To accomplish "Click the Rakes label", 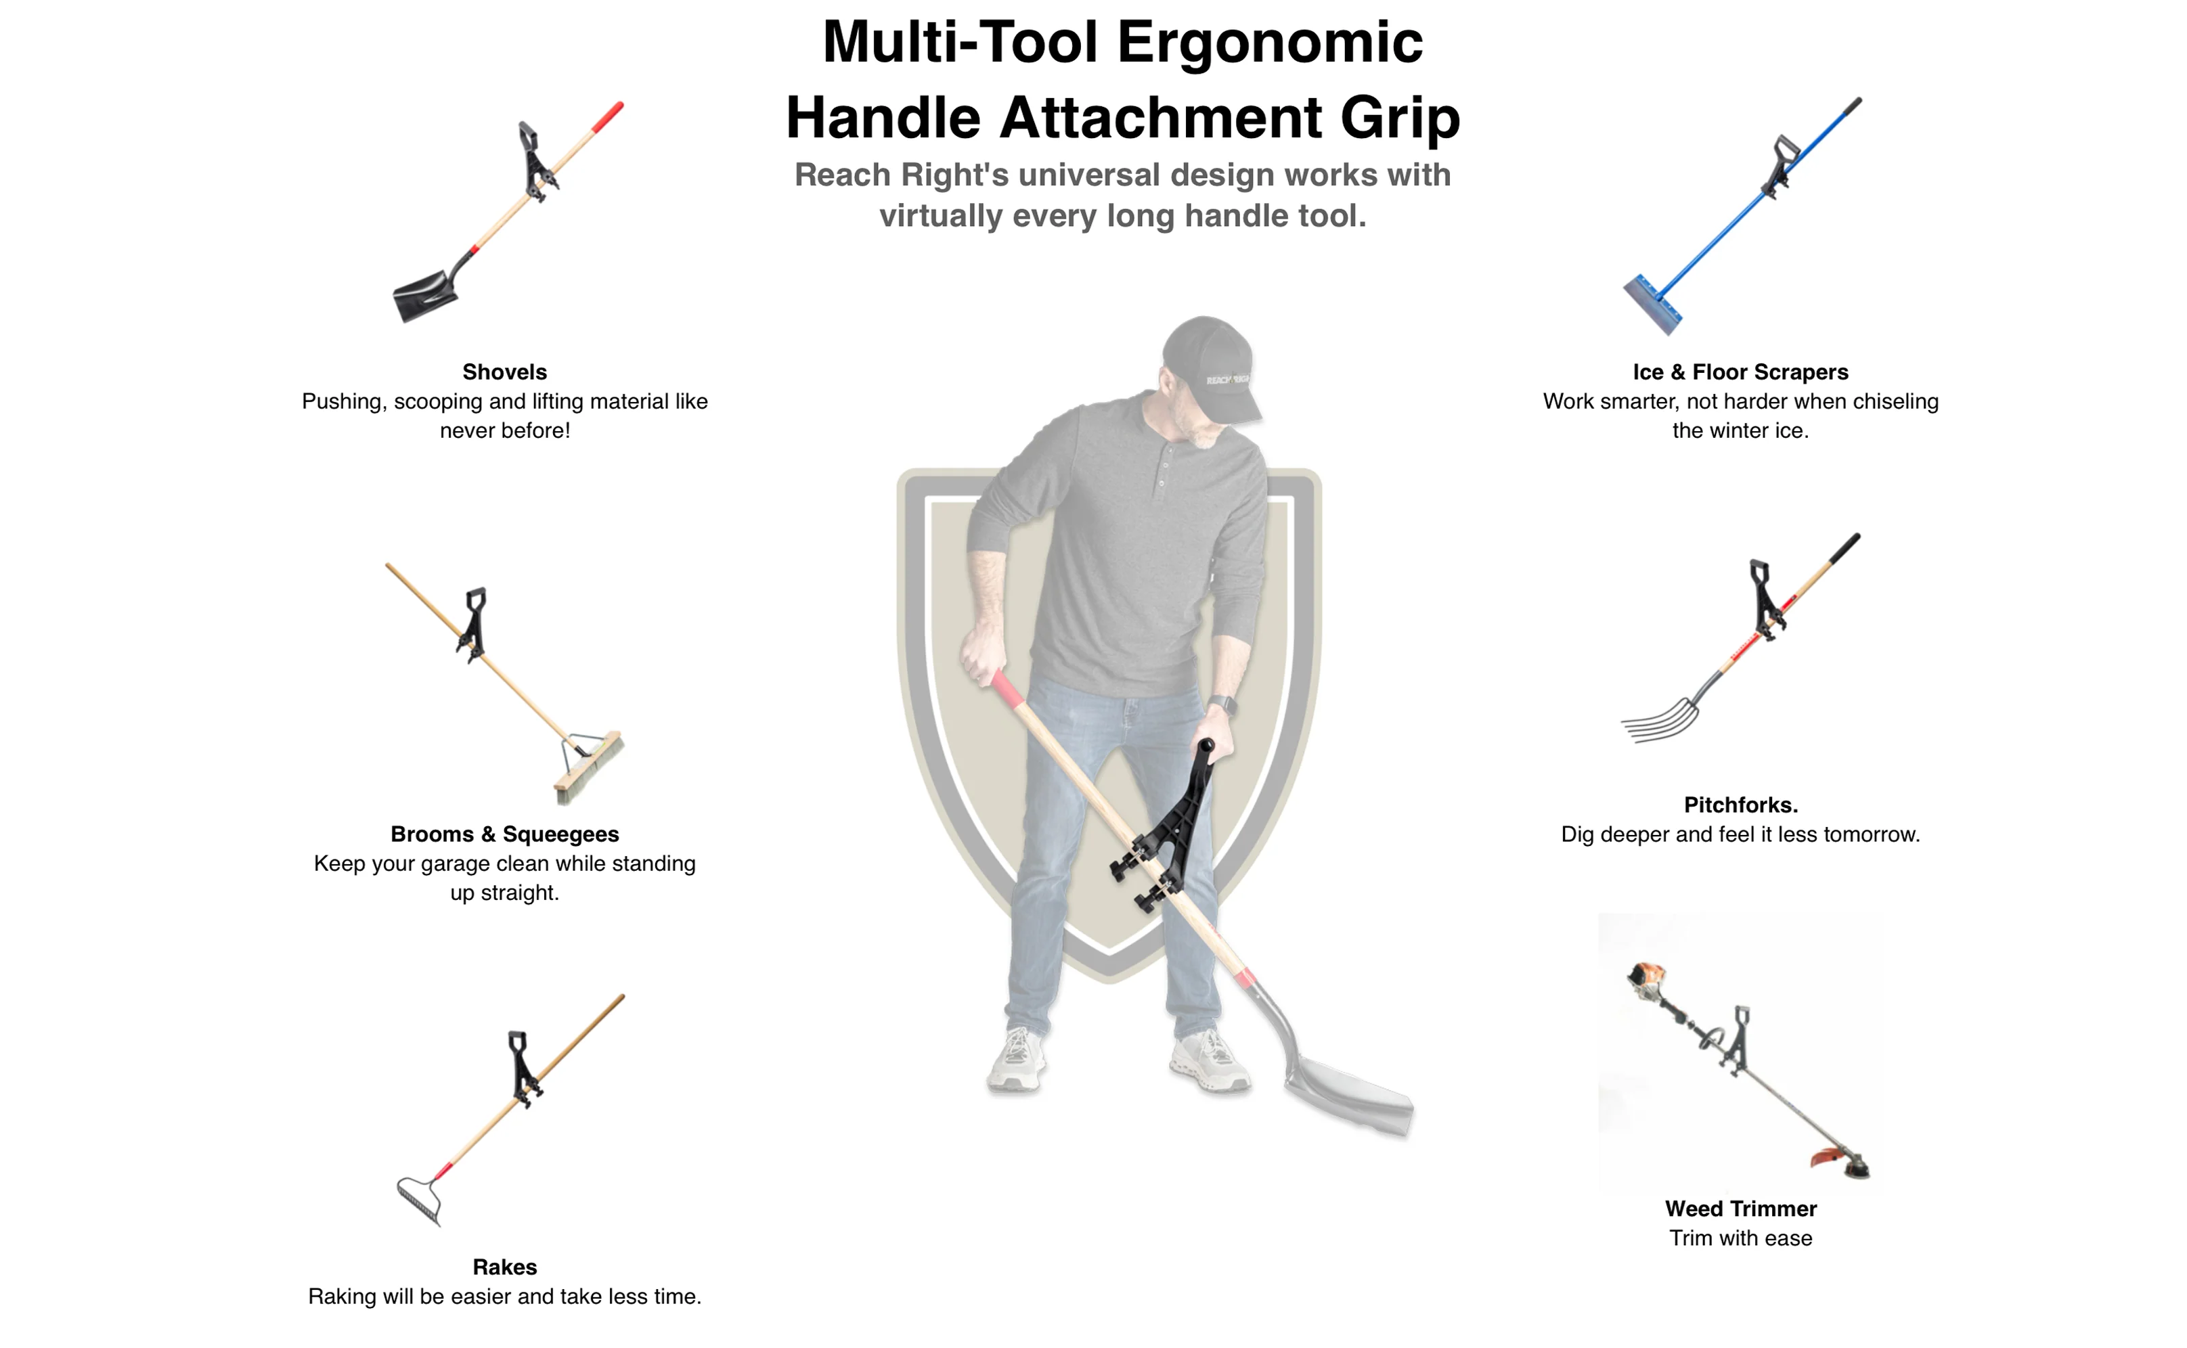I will coord(505,1267).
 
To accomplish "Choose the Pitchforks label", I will coord(1740,805).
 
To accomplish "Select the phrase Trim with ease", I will coord(1740,1238).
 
